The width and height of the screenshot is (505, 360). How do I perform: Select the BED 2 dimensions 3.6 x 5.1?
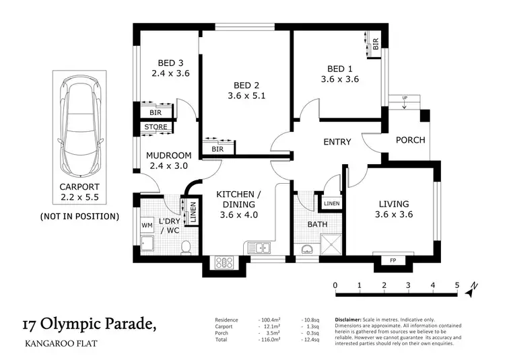pyautogui.click(x=246, y=96)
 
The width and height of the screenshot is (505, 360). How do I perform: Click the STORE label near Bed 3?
pyautogui.click(x=156, y=127)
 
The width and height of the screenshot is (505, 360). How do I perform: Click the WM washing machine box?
pyautogui.click(x=147, y=225)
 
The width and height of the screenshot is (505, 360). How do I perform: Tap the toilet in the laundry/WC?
pyautogui.click(x=188, y=248)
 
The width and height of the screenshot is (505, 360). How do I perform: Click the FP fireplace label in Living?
pyautogui.click(x=393, y=260)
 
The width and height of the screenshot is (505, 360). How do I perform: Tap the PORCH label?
pyautogui.click(x=410, y=141)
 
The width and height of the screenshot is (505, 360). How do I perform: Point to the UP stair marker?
pyautogui.click(x=404, y=98)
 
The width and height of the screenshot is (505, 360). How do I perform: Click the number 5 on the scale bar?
pyautogui.click(x=457, y=285)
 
